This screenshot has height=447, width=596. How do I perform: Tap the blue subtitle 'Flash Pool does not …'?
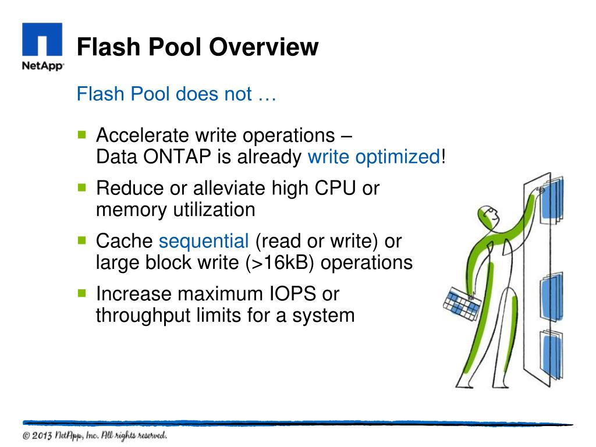click(176, 94)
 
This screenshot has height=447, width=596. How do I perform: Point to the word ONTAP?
click(177, 157)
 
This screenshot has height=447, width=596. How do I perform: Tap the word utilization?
click(215, 209)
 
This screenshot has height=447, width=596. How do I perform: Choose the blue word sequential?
click(204, 241)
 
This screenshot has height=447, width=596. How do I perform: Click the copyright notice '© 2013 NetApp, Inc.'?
click(95, 435)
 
